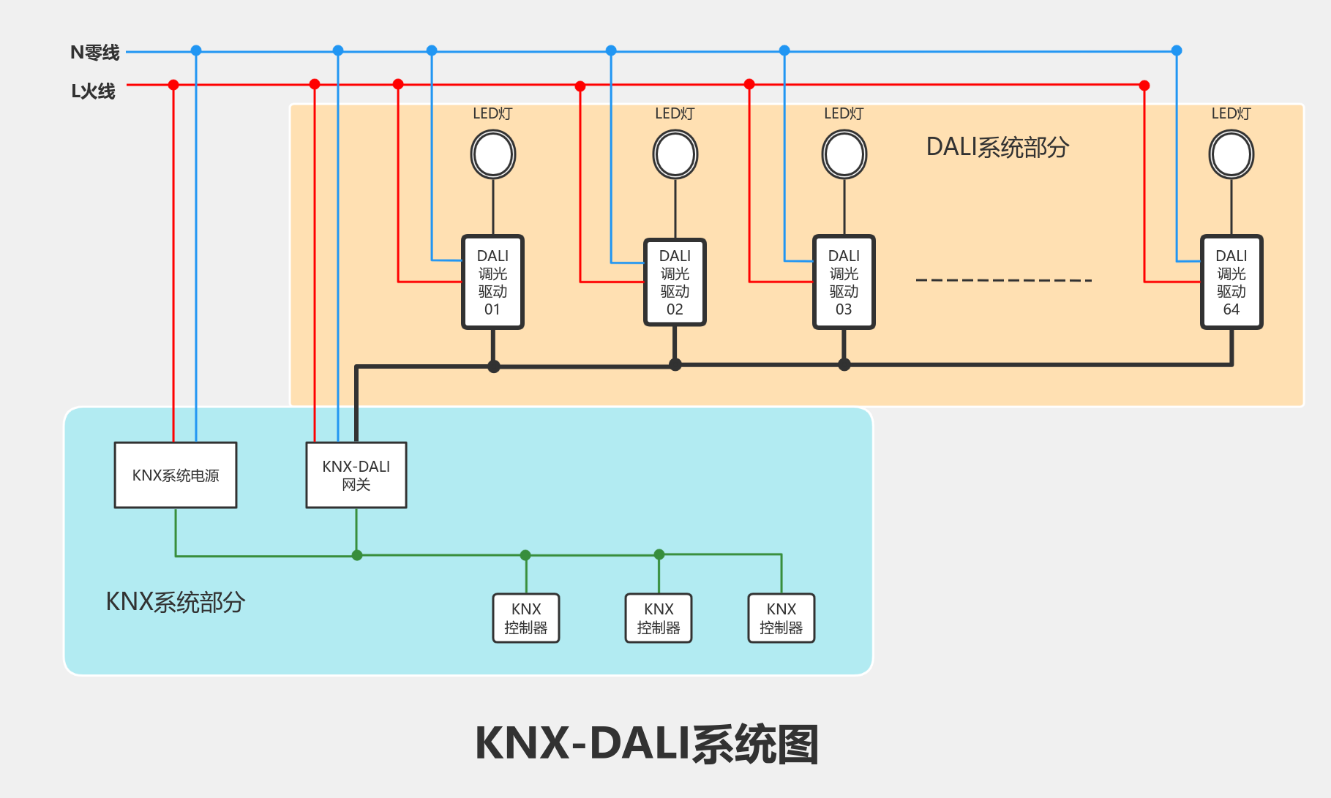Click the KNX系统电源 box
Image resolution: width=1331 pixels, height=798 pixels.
coord(176,475)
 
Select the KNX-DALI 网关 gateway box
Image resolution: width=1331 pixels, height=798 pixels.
coord(356,475)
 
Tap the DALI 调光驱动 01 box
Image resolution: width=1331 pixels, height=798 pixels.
coord(492,282)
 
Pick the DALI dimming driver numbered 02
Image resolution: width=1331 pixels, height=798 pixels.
coord(675,282)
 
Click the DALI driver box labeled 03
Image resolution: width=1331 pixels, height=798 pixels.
coord(844,282)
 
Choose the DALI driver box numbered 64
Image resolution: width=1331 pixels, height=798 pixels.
coord(1231,282)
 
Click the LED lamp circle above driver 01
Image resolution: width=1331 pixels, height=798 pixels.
coord(492,154)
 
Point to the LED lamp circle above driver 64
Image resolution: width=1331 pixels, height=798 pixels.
coord(1231,154)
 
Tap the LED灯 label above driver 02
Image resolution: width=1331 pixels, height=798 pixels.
coord(675,113)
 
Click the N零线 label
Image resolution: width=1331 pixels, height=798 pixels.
coord(94,53)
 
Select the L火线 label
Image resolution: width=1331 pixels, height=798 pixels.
coord(93,91)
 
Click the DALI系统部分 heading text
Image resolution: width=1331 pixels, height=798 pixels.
coord(997,147)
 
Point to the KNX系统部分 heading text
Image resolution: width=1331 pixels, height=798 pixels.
coord(176,602)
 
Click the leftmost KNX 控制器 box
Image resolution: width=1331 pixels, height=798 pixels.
coord(526,618)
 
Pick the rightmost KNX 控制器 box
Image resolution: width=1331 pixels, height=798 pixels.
coord(781,618)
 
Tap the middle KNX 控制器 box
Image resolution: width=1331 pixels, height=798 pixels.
coord(659,618)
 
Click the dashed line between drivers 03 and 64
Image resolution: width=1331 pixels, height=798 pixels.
coord(1003,280)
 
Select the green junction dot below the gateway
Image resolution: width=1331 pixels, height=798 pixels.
coord(357,555)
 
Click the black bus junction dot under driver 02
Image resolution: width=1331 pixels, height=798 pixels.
coord(675,364)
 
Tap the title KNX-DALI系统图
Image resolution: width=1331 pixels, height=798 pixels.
coord(647,745)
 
